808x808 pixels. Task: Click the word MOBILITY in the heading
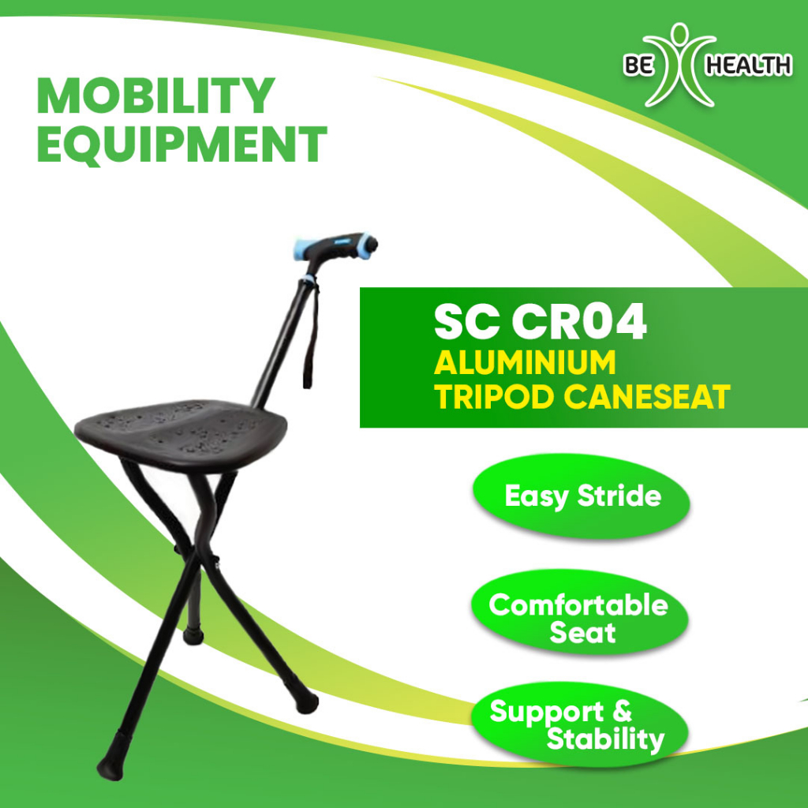[x=155, y=97]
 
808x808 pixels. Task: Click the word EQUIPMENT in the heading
[x=181, y=144]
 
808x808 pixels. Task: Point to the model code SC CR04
[x=541, y=324]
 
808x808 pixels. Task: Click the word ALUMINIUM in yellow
[x=525, y=364]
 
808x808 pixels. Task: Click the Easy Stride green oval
[x=582, y=496]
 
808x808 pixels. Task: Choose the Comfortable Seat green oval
[x=579, y=618]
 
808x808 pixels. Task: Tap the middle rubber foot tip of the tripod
[x=191, y=634]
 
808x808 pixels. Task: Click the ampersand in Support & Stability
[x=621, y=712]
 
